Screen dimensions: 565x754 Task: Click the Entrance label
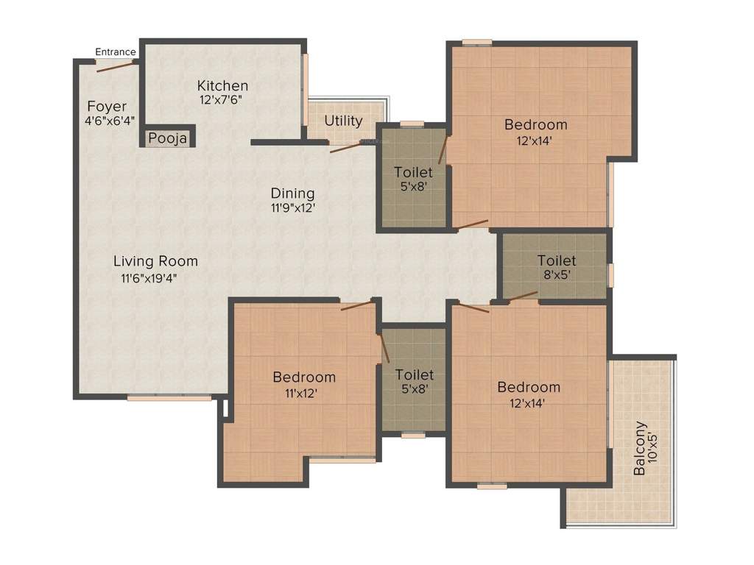point(116,51)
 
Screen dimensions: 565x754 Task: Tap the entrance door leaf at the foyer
point(115,67)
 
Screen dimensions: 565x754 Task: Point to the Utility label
point(343,121)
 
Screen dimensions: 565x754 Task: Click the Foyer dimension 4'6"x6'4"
point(110,121)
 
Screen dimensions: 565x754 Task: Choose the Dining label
point(292,193)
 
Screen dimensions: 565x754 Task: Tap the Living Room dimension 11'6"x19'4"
point(149,278)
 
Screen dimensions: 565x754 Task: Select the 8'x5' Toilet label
point(556,260)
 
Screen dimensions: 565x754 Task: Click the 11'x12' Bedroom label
point(304,377)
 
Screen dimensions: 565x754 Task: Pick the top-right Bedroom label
point(535,124)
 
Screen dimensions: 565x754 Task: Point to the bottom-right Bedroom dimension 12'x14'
point(528,402)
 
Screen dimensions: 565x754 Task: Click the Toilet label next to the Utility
point(412,172)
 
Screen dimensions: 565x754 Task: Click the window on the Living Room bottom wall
point(169,398)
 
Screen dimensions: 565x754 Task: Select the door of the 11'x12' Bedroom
point(358,305)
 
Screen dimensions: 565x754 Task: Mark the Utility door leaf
point(345,147)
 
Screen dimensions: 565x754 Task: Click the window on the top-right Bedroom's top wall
point(477,42)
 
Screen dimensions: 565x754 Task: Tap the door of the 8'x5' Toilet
point(523,296)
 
